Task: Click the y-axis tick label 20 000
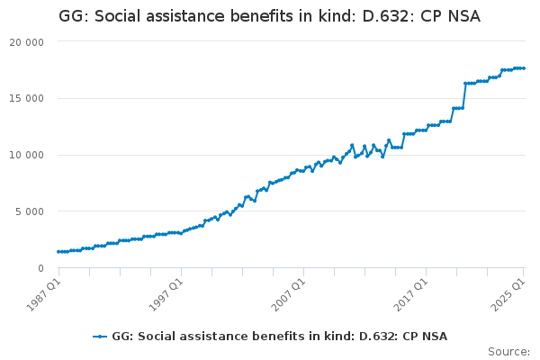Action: coord(28,42)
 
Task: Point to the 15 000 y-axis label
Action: coord(28,99)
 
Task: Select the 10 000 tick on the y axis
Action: coord(28,155)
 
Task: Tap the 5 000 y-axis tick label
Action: coord(31,211)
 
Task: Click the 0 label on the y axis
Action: coord(40,268)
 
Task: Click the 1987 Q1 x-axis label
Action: coord(42,292)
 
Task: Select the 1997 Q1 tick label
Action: coord(165,292)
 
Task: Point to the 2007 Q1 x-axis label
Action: coord(287,292)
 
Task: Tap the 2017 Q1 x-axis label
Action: coord(410,292)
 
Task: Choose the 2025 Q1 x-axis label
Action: coord(508,292)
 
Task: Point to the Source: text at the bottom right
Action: coord(508,351)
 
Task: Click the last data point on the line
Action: coord(524,68)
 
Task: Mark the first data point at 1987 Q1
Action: coord(58,252)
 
